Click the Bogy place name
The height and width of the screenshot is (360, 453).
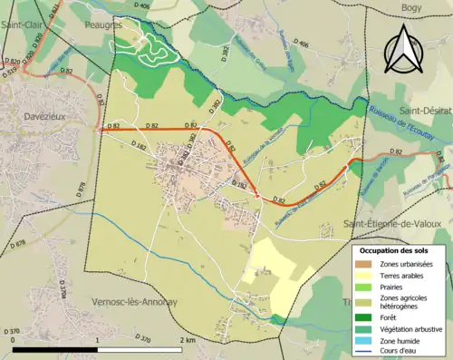click(411, 8)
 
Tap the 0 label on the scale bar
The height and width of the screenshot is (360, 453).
click(15, 340)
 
